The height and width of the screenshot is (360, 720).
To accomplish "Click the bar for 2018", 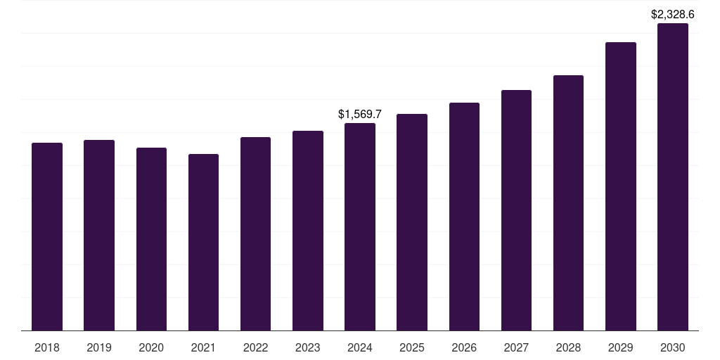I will point(47,236).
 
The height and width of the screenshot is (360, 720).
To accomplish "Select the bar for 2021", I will point(203,242).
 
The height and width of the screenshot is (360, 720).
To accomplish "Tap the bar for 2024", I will point(360,226).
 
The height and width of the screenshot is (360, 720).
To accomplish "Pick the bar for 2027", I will point(516,210).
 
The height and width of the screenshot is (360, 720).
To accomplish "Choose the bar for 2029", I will point(620,186).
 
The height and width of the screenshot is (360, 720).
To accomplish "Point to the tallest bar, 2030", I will point(673,176).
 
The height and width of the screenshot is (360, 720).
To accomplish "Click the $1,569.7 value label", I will point(360,114).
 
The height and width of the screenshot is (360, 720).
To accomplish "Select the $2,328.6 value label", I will point(673,14).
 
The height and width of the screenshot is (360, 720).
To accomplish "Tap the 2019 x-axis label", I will point(99,347).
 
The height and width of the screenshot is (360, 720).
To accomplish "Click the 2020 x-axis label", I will point(151,347).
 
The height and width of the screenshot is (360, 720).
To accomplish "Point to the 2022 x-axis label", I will point(255,347).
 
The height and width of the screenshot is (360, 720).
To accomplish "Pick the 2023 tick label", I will point(308,347).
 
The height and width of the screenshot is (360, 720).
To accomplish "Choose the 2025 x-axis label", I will point(412,347).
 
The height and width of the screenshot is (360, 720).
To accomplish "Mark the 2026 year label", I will point(464,347).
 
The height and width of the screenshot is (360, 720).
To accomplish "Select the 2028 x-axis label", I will point(568,347).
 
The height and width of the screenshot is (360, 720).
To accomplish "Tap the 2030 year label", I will point(673,347).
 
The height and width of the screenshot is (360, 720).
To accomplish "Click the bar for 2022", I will point(255,233).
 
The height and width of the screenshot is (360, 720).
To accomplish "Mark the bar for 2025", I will point(412,222).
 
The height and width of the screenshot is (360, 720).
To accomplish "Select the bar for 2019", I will point(99,235).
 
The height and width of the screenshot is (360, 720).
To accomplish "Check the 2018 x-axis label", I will point(47,347).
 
